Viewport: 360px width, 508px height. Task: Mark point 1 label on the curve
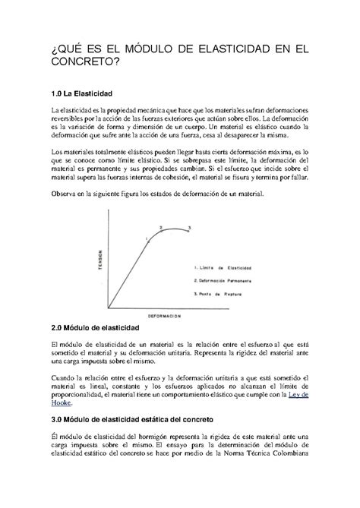click(144, 241)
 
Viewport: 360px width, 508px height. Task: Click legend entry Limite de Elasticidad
click(225, 268)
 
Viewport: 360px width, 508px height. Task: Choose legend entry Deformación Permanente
click(226, 280)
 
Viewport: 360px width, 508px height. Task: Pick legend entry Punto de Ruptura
click(220, 292)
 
